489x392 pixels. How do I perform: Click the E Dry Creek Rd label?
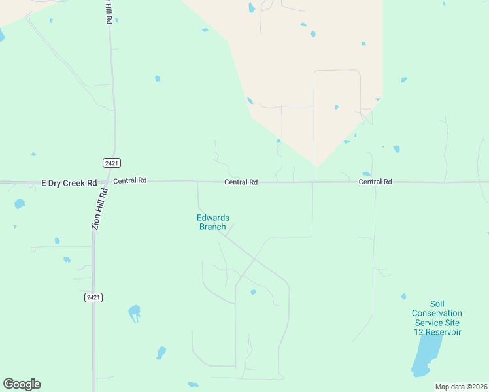pyautogui.click(x=69, y=182)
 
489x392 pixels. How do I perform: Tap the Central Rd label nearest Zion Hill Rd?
pyautogui.click(x=129, y=181)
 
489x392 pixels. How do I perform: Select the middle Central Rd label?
pyautogui.click(x=241, y=182)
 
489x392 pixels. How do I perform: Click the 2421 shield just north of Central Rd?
pyautogui.click(x=112, y=163)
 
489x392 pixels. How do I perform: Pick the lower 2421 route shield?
pyautogui.click(x=93, y=297)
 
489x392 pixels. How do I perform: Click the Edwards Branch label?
pyautogui.click(x=213, y=222)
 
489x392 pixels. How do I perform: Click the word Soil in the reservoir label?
pyautogui.click(x=437, y=304)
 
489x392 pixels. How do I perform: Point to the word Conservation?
pyautogui.click(x=437, y=313)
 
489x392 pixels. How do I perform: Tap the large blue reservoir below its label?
pyautogui.click(x=426, y=359)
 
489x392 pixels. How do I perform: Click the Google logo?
pyautogui.click(x=22, y=384)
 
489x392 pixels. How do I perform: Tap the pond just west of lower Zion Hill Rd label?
pyautogui.click(x=20, y=204)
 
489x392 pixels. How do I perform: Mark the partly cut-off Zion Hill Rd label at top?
pyautogui.click(x=108, y=12)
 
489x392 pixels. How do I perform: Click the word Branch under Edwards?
pyautogui.click(x=212, y=227)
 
